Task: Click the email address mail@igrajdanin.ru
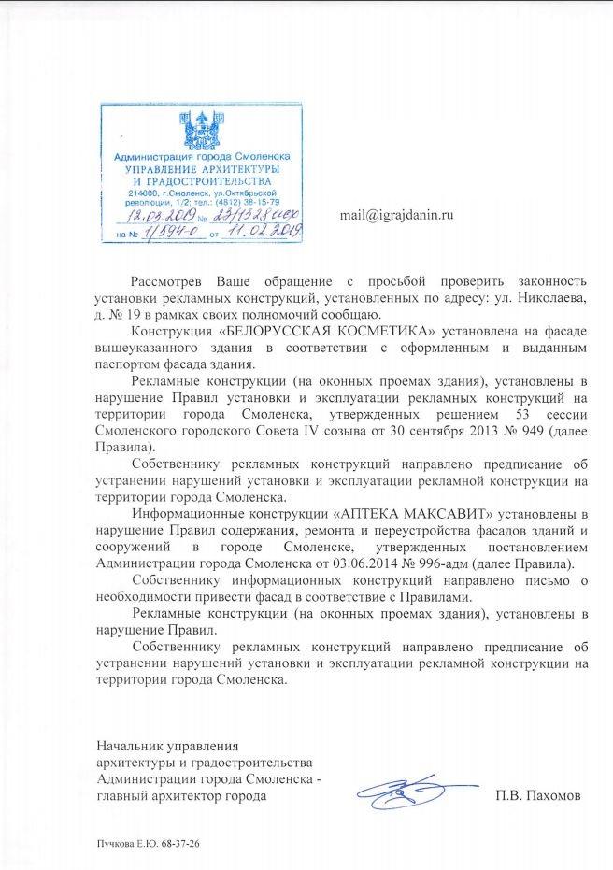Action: (x=396, y=215)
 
